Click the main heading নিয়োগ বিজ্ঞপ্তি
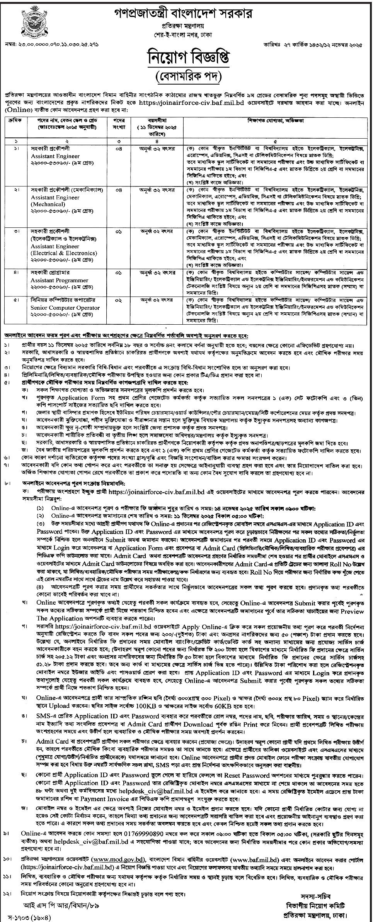coord(186,60)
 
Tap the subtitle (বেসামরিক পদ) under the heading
coord(186,80)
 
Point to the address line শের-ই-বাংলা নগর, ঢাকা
coord(186,35)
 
